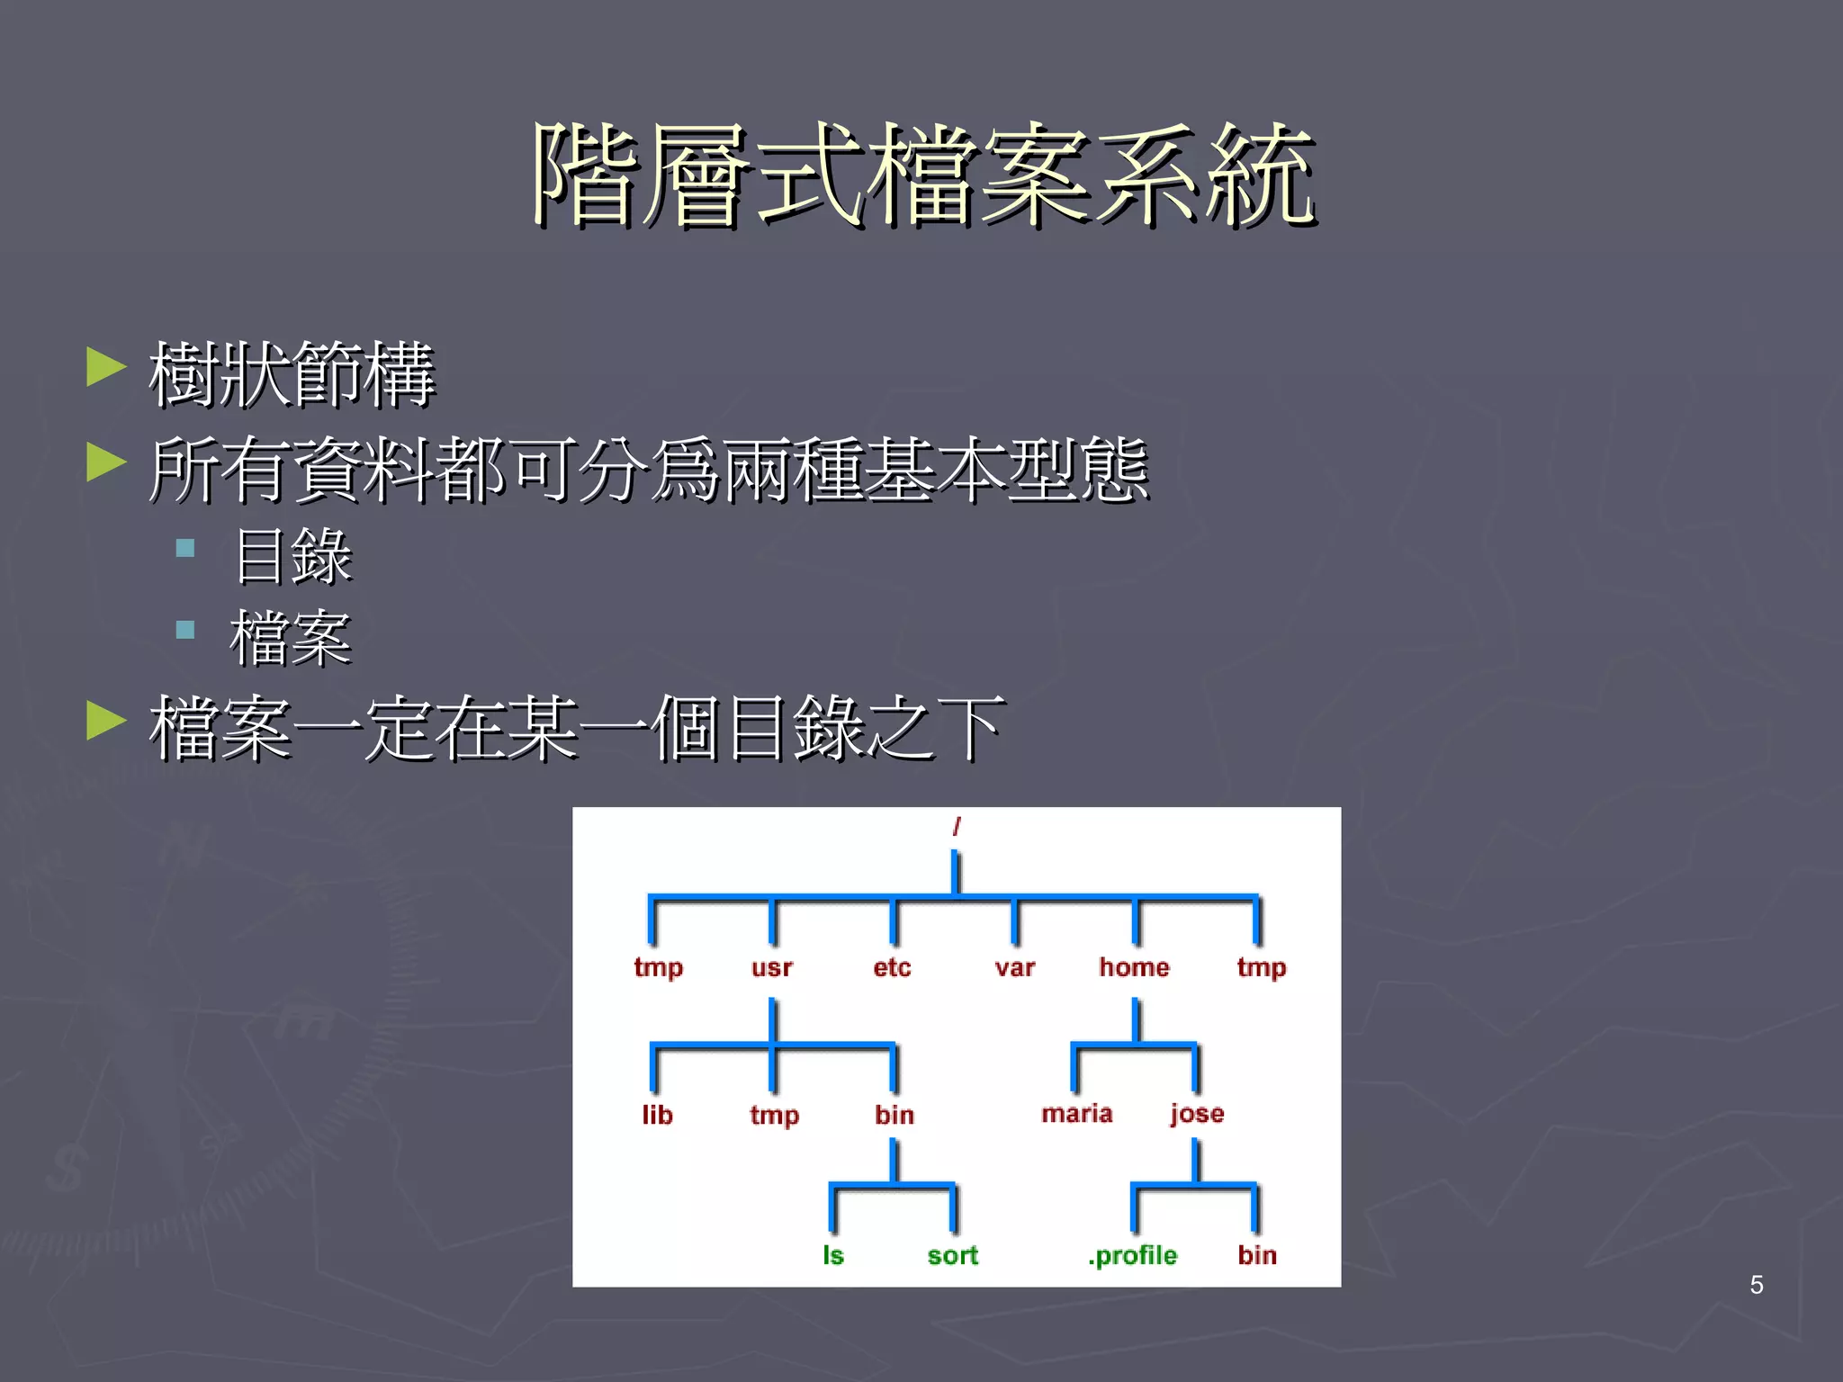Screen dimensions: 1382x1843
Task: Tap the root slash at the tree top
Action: coord(957,826)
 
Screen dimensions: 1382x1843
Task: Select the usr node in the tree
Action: coord(772,968)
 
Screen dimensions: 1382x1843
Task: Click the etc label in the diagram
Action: coord(892,968)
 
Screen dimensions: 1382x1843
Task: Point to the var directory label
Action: coord(1015,968)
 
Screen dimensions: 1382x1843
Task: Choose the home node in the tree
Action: coord(1134,967)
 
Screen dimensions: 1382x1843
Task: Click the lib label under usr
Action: coord(657,1116)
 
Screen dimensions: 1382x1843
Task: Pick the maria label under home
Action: coord(1077,1114)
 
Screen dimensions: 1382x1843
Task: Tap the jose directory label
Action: coord(1197,1114)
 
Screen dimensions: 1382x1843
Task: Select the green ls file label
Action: coord(833,1255)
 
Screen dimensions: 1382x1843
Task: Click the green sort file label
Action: coord(953,1255)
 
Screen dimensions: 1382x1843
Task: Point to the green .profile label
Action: coord(1132,1255)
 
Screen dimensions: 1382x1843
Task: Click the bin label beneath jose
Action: coord(1257,1255)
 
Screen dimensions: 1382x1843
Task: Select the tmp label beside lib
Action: coord(774,1116)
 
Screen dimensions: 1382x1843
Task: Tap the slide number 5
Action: coord(1757,1285)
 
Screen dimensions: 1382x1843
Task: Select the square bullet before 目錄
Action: coord(185,548)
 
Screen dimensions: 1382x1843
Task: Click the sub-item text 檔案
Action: coord(290,639)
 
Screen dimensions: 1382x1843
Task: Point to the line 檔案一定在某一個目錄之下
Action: coord(576,729)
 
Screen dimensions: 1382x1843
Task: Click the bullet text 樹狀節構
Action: coord(292,374)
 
